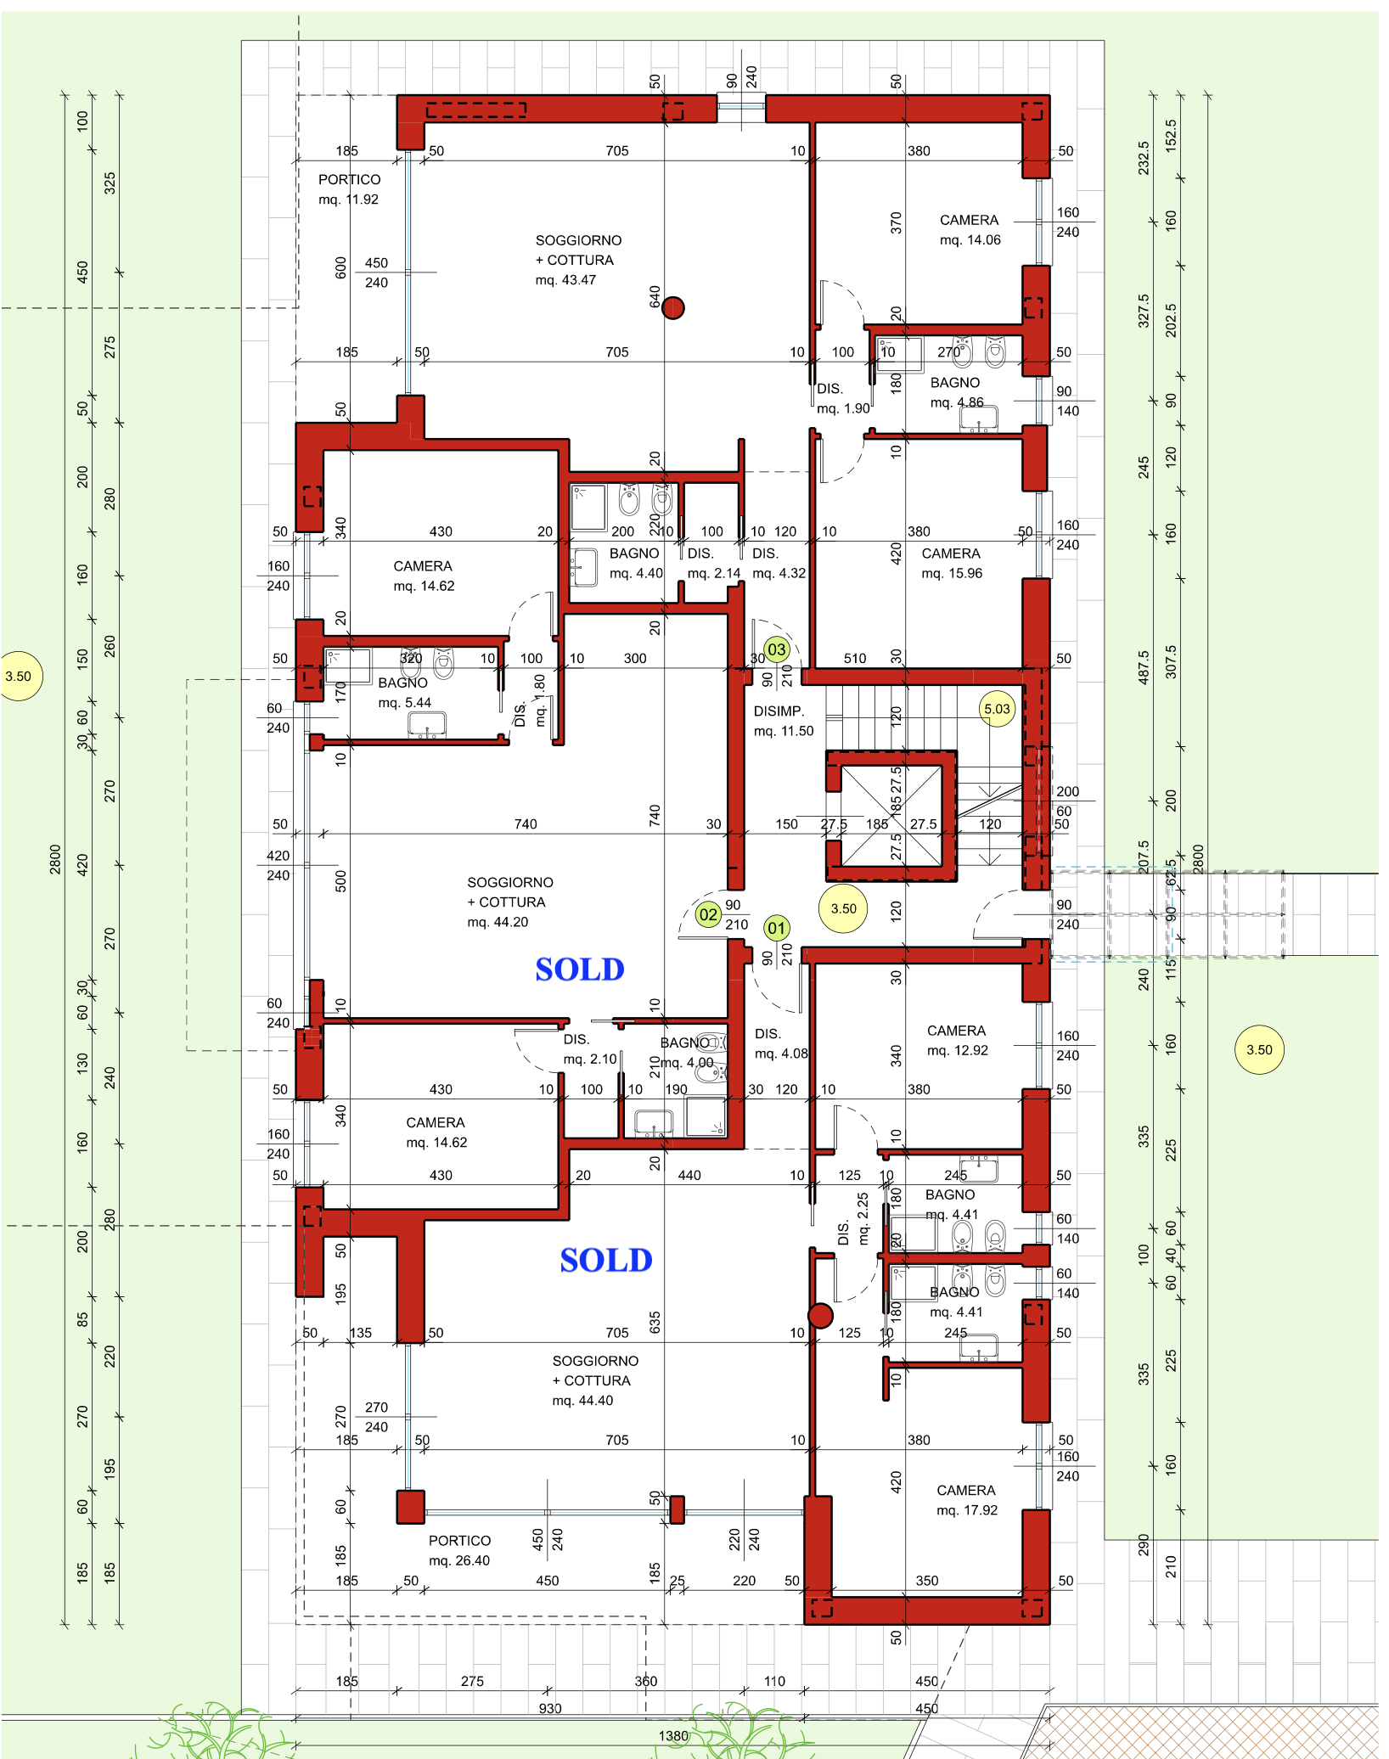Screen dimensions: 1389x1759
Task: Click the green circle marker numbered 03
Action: click(x=777, y=650)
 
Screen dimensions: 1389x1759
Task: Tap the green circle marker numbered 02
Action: click(x=708, y=915)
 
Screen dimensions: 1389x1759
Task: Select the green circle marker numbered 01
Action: click(x=776, y=928)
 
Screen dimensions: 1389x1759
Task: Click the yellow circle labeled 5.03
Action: click(x=998, y=709)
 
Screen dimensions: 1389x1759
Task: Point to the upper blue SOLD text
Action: click(x=580, y=969)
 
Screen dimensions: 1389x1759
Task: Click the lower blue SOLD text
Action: click(x=606, y=1261)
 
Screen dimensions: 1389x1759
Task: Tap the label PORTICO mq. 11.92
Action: click(x=349, y=189)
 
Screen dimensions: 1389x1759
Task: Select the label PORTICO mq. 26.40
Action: click(x=459, y=1550)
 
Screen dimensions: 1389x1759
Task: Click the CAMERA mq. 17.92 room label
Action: click(x=967, y=1500)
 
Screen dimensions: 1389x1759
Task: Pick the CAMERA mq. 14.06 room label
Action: click(x=970, y=230)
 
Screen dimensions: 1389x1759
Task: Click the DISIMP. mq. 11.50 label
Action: click(x=783, y=721)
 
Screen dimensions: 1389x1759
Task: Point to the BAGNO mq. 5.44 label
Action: click(x=404, y=693)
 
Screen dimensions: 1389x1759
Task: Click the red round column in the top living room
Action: click(x=673, y=307)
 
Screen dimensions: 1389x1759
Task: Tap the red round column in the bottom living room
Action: click(x=820, y=1316)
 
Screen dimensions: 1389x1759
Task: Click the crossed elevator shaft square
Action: click(x=891, y=816)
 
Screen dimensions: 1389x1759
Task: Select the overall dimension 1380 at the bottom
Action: click(x=673, y=1736)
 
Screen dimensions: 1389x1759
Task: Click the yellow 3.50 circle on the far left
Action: click(x=18, y=677)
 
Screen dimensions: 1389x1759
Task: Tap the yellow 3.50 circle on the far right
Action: click(x=1259, y=1050)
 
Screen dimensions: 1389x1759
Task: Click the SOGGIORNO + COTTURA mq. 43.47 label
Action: click(x=578, y=261)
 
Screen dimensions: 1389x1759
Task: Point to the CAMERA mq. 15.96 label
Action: click(x=952, y=564)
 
